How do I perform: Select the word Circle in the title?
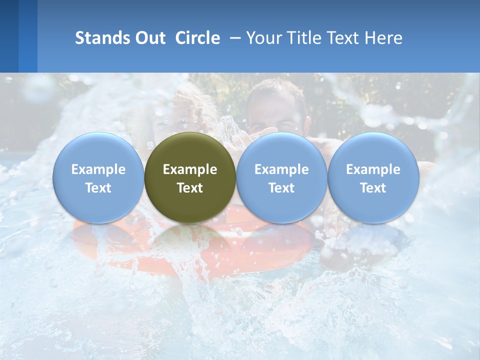(197, 38)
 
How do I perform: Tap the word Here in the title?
(385, 38)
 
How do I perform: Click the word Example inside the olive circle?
(190, 169)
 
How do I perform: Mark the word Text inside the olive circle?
(190, 188)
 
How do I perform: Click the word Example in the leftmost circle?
(98, 169)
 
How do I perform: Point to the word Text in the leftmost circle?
(98, 188)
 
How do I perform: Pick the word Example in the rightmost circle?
(373, 169)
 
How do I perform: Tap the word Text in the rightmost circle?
(373, 188)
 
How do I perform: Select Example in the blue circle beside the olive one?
(281, 169)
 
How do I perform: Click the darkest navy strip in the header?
(9, 36)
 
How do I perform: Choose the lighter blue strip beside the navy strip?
(28, 36)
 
